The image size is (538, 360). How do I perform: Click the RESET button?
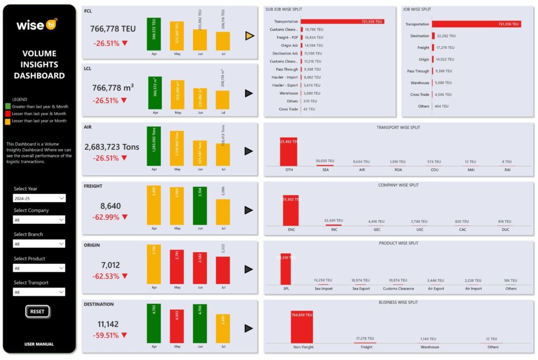click(x=37, y=311)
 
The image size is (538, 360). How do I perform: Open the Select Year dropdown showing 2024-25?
click(x=39, y=198)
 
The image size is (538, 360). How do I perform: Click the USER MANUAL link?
click(x=39, y=344)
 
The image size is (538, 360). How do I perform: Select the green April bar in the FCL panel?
click(x=154, y=34)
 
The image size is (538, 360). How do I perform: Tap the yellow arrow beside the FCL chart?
click(x=250, y=36)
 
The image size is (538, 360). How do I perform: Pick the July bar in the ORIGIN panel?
click(x=223, y=270)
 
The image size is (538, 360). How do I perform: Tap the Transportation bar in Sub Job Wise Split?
click(x=342, y=22)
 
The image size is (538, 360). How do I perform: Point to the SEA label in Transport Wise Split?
click(x=325, y=170)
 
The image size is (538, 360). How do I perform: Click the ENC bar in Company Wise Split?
click(x=291, y=210)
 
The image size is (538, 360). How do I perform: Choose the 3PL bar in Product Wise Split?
click(x=285, y=269)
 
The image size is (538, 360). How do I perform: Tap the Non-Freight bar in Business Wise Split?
click(x=302, y=327)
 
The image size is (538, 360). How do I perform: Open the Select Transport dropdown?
click(x=39, y=292)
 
